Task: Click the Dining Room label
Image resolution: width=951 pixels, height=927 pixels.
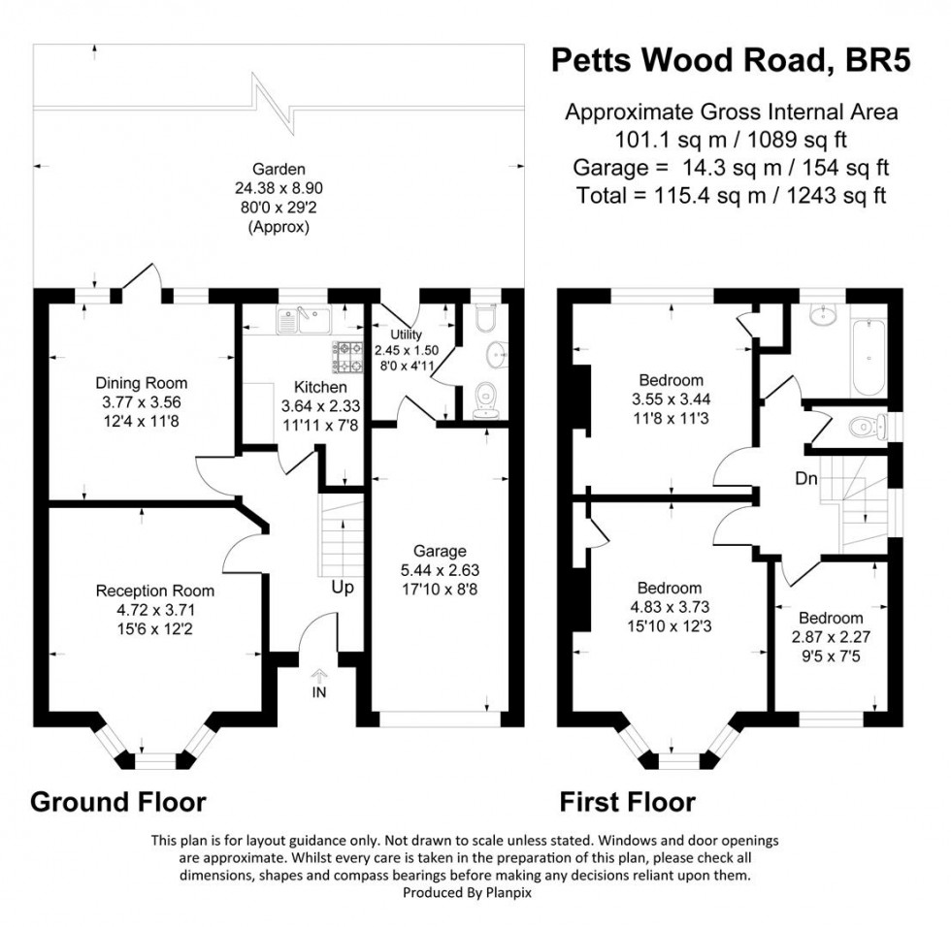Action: (x=141, y=383)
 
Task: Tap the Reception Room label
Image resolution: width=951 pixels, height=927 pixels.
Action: (x=154, y=591)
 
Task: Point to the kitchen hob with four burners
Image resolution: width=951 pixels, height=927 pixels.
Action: (x=347, y=357)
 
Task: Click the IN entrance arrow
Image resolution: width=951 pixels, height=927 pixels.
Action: (x=319, y=679)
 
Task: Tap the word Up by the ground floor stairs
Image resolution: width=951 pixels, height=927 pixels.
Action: (x=343, y=588)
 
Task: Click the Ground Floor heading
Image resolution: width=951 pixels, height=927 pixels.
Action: (x=118, y=803)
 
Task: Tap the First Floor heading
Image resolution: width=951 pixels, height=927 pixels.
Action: (x=627, y=803)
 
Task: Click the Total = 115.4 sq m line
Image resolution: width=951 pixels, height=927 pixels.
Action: (x=731, y=195)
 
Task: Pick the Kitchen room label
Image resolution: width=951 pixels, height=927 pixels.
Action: (x=308, y=387)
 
